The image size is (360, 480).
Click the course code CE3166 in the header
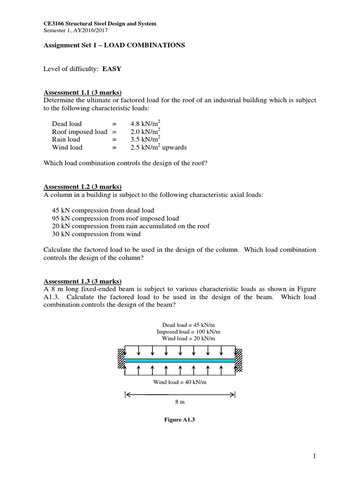click(x=54, y=23)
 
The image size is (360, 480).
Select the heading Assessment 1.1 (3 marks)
click(x=82, y=92)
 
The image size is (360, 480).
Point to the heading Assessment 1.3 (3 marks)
click(x=82, y=281)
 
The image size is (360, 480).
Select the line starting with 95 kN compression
click(x=115, y=218)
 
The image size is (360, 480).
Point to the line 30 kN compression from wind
click(x=96, y=234)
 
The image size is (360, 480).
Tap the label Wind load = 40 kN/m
click(x=180, y=382)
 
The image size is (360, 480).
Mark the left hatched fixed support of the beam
click(x=121, y=360)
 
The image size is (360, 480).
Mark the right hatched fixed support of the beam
click(x=239, y=360)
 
